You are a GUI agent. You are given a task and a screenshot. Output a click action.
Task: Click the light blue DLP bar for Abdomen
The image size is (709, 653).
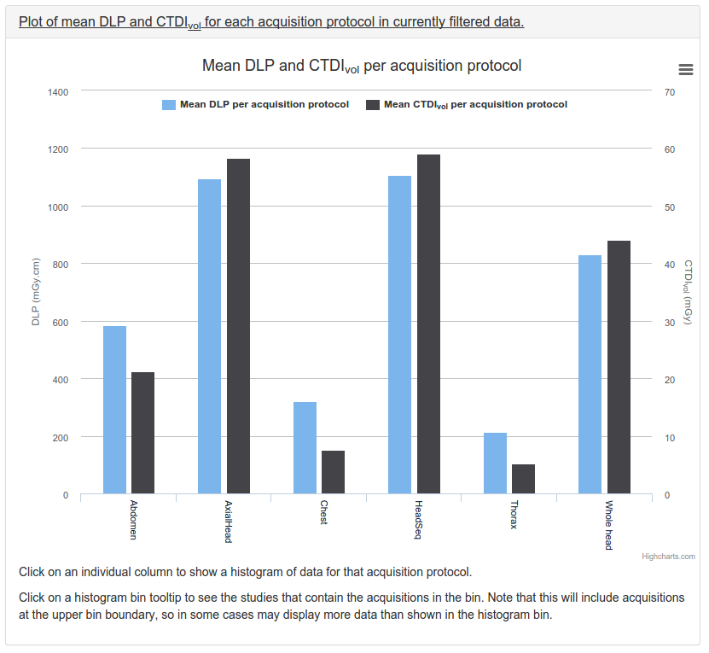pyautogui.click(x=114, y=410)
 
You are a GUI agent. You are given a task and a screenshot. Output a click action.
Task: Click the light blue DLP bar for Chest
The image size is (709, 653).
pyautogui.click(x=305, y=447)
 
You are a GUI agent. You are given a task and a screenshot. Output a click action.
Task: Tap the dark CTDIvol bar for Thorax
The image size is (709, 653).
pyautogui.click(x=523, y=479)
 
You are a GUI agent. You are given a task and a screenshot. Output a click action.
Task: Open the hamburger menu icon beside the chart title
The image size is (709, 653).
pyautogui.click(x=685, y=69)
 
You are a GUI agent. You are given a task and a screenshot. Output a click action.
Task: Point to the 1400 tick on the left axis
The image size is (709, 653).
pyautogui.click(x=58, y=91)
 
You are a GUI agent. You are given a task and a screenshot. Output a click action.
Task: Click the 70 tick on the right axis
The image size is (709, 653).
pyautogui.click(x=669, y=91)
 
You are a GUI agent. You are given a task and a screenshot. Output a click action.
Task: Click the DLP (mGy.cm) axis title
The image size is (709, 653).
pyautogui.click(x=36, y=292)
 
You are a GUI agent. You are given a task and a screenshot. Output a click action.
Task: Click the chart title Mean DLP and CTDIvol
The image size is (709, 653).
pyautogui.click(x=361, y=66)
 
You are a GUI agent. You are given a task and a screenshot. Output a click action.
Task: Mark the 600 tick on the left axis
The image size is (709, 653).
pyautogui.click(x=61, y=322)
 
